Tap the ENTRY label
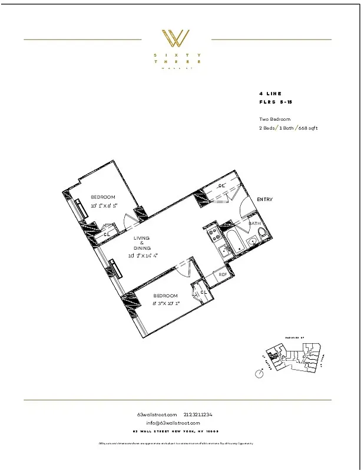(264, 200)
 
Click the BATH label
(254, 224)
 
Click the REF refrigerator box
(223, 274)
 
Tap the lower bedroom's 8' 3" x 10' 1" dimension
(166, 304)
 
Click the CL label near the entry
(221, 186)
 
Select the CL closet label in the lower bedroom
(203, 291)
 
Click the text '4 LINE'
(270, 94)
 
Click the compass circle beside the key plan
(259, 374)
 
